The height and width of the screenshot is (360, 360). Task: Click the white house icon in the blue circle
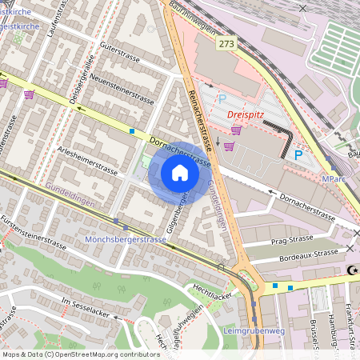(x=180, y=174)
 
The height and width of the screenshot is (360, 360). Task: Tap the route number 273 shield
(x=227, y=44)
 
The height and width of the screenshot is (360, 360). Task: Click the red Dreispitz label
(x=246, y=114)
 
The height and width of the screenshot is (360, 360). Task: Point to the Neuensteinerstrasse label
(x=121, y=90)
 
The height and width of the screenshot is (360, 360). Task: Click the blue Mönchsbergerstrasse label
(x=125, y=238)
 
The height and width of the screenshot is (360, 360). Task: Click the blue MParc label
(x=335, y=179)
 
